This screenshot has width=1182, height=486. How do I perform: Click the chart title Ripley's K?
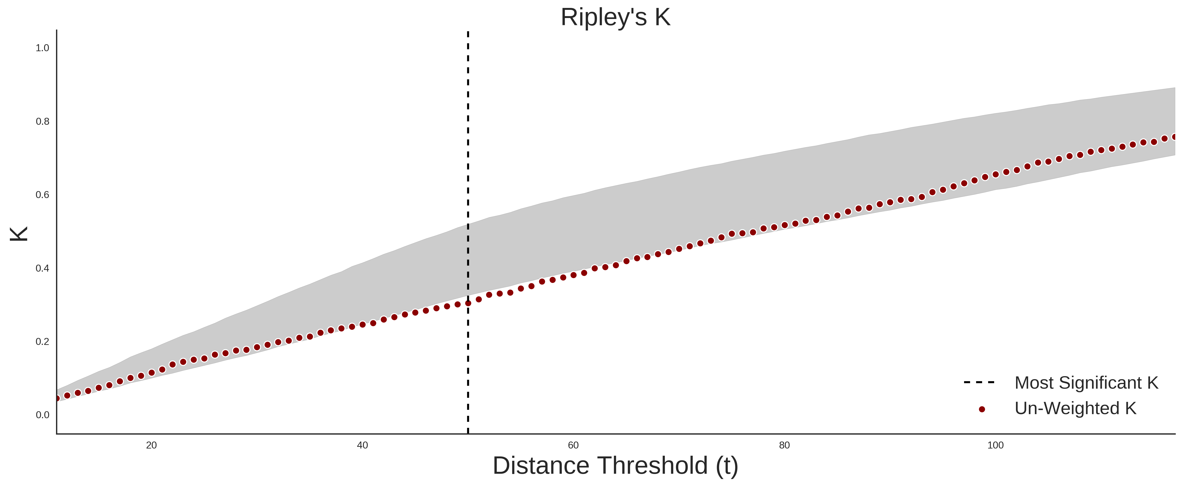click(x=615, y=17)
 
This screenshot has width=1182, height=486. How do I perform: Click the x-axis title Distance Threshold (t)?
click(x=615, y=466)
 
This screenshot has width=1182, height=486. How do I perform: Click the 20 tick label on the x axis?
click(x=152, y=445)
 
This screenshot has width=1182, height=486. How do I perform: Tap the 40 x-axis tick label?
click(x=362, y=445)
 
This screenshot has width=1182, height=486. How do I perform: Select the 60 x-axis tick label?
click(x=574, y=445)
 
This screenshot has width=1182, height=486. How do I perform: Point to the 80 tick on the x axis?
click(x=785, y=445)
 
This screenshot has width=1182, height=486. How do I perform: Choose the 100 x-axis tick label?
click(x=996, y=445)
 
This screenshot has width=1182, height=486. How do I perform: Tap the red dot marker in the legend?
click(x=982, y=409)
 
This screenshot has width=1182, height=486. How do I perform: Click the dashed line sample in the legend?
click(x=979, y=382)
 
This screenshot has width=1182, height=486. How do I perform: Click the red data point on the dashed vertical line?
click(x=468, y=303)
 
